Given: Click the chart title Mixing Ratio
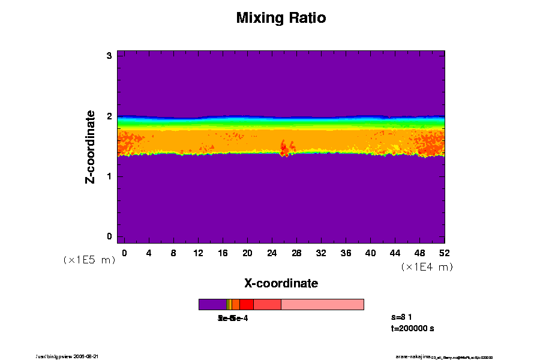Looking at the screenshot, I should point(281,18).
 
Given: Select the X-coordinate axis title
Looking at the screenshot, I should point(281,283).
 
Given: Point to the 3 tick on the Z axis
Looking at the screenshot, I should point(110,56).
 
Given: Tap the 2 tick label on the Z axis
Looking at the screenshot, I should point(110,116).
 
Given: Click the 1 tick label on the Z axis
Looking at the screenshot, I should point(110,176).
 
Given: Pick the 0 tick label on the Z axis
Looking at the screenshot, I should point(110,236).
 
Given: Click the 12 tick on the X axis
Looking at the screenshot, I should point(198,253).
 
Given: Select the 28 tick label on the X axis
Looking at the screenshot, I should point(296,253).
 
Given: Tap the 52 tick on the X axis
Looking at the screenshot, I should point(444,253).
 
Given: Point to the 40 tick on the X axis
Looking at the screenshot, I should point(370,253).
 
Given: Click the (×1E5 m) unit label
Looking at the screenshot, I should point(89,260).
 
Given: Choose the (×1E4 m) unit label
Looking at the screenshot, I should point(427,267).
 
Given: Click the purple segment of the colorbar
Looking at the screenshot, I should point(212,305).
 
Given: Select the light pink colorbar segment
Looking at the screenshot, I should point(322,305).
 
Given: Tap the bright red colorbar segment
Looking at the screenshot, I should point(247,305).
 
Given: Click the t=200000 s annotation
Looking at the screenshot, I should point(412,328).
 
